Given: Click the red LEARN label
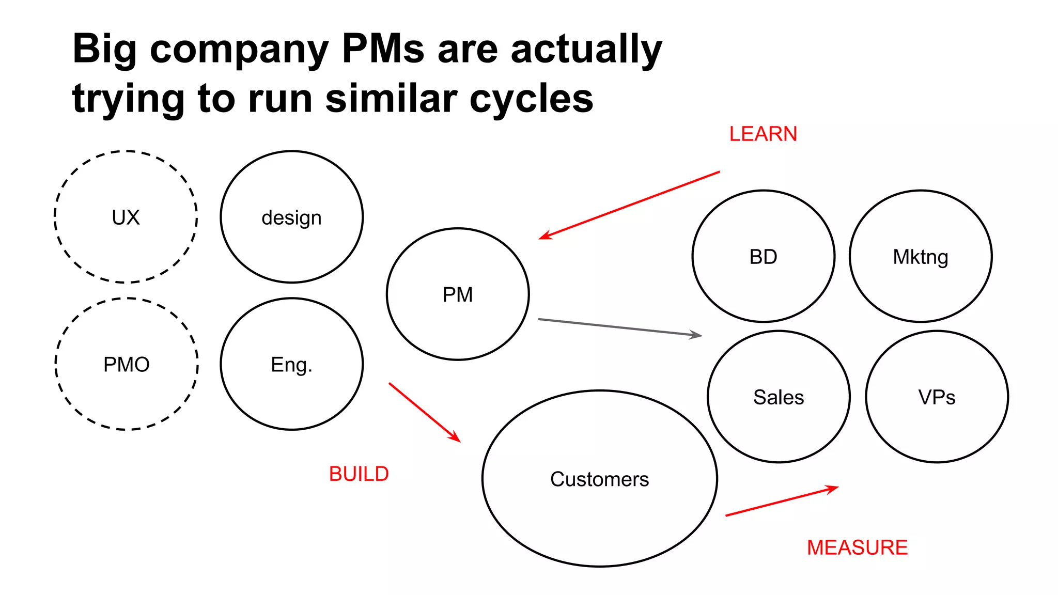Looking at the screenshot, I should [763, 134].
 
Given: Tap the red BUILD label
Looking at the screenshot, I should [359, 474].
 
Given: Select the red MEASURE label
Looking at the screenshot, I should [857, 547].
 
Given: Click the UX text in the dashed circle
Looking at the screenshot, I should [126, 217].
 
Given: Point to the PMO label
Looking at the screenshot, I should [126, 365].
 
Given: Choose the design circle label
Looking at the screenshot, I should [291, 218].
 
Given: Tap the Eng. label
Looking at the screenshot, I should [291, 365].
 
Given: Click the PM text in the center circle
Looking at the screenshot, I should [458, 295].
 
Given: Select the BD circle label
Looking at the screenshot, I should [763, 257].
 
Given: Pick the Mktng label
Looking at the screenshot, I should [920, 257].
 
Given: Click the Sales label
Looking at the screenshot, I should [779, 397].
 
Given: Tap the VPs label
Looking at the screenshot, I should [937, 397].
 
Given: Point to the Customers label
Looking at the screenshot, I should [599, 479].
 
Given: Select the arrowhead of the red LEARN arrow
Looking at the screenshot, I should [543, 237].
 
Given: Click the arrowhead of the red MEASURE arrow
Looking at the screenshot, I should [833, 488].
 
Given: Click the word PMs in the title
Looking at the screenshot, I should [383, 49].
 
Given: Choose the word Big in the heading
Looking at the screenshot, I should [104, 49].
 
